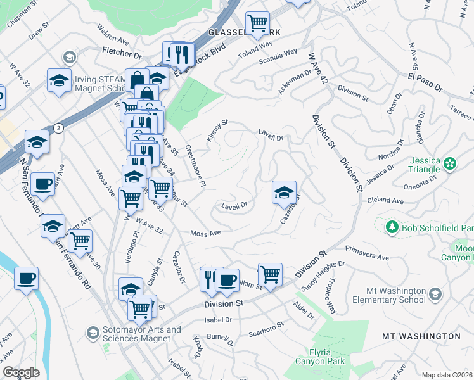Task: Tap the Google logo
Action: [x=22, y=372]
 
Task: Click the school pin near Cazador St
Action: [x=284, y=192]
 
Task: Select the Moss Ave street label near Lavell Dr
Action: [x=205, y=233]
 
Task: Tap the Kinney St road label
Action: [x=217, y=130]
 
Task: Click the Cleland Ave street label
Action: [x=385, y=201]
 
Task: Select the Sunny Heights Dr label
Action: [x=324, y=272]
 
